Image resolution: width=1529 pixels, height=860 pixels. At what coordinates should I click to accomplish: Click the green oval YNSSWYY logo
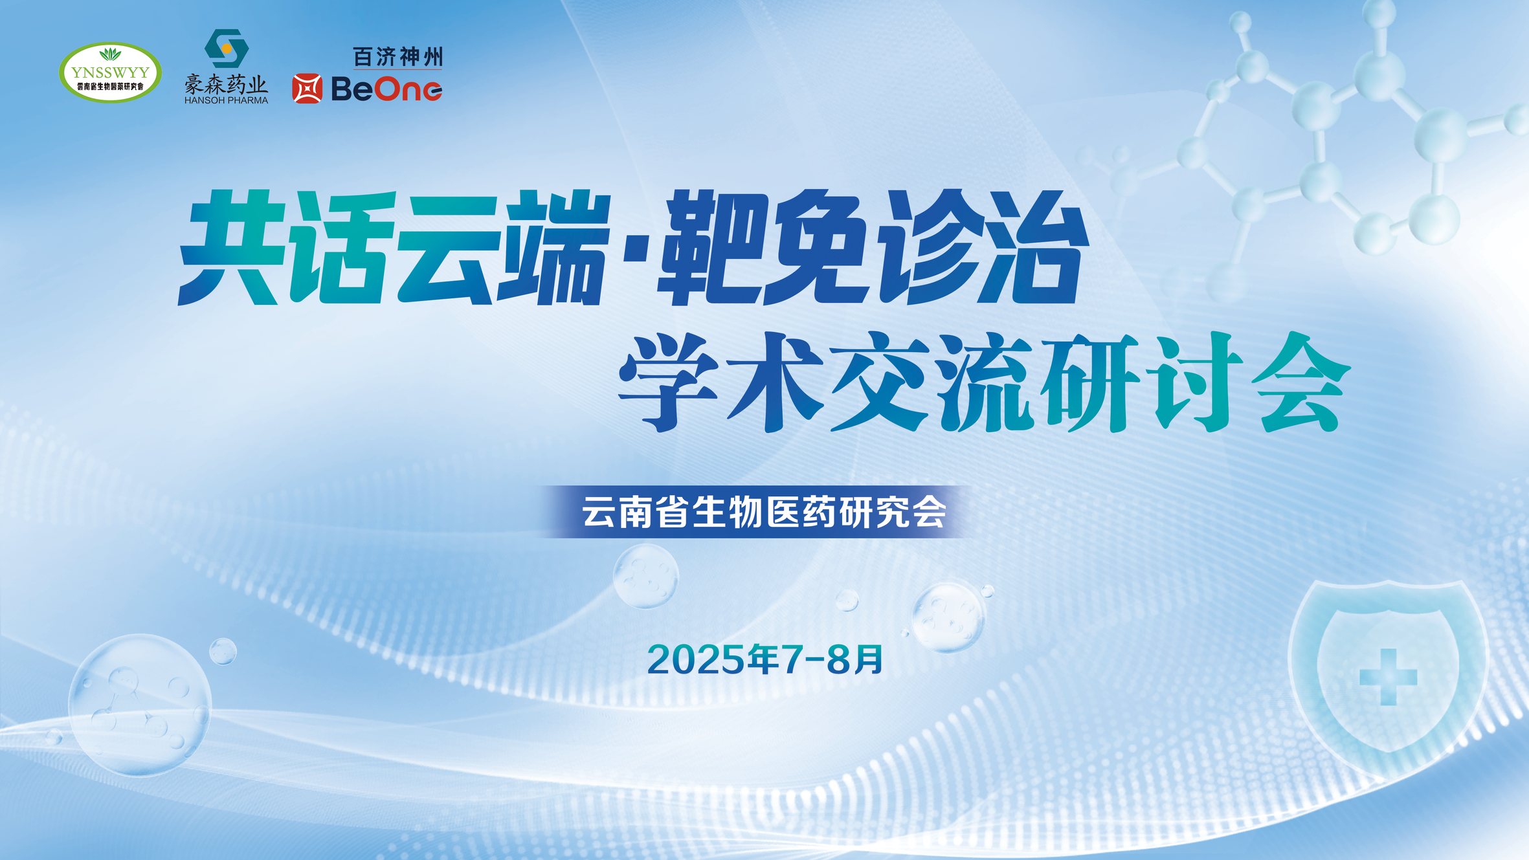(x=110, y=72)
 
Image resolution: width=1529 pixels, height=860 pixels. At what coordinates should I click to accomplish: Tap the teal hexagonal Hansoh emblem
(x=227, y=49)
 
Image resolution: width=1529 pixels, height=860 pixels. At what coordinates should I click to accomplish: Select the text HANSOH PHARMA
(x=226, y=100)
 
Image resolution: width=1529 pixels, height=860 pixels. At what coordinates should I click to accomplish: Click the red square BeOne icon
(x=307, y=89)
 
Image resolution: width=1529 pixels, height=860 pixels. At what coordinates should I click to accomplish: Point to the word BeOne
(x=386, y=89)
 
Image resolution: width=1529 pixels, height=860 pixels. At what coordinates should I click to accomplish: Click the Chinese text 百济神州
(x=398, y=57)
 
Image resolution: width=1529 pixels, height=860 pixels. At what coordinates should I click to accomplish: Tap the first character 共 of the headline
(x=232, y=247)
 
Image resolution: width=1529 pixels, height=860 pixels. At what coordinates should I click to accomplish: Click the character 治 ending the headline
(x=1032, y=247)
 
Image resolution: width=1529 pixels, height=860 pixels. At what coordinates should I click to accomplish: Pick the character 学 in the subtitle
(x=669, y=382)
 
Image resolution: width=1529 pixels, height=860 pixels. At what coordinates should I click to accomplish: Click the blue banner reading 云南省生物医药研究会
(x=755, y=512)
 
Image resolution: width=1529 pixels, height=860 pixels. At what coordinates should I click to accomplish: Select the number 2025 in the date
(x=696, y=660)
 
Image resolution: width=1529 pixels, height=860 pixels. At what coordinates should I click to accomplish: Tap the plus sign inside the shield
(x=1388, y=678)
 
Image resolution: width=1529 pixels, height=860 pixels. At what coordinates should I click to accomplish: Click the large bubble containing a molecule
(x=140, y=705)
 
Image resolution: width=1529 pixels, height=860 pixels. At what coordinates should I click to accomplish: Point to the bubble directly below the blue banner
(x=646, y=577)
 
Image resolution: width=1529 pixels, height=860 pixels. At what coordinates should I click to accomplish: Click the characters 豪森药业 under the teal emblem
(x=226, y=83)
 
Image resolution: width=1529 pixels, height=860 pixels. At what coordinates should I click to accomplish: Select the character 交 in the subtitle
(x=878, y=382)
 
